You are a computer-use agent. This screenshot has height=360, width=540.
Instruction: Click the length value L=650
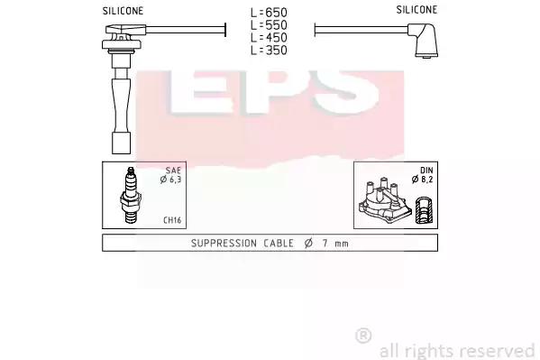[269, 13]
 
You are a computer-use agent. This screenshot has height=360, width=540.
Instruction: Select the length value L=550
[269, 25]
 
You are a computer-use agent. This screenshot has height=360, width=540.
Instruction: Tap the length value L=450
[269, 38]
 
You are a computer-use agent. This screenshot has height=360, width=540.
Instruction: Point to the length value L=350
[269, 51]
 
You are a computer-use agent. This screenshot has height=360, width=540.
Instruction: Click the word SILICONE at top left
[123, 11]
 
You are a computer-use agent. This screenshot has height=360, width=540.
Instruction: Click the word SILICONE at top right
[416, 10]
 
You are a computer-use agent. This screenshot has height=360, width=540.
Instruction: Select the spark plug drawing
[131, 195]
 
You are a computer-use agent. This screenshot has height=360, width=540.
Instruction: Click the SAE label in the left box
[173, 171]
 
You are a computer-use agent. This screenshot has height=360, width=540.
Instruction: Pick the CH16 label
[172, 220]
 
